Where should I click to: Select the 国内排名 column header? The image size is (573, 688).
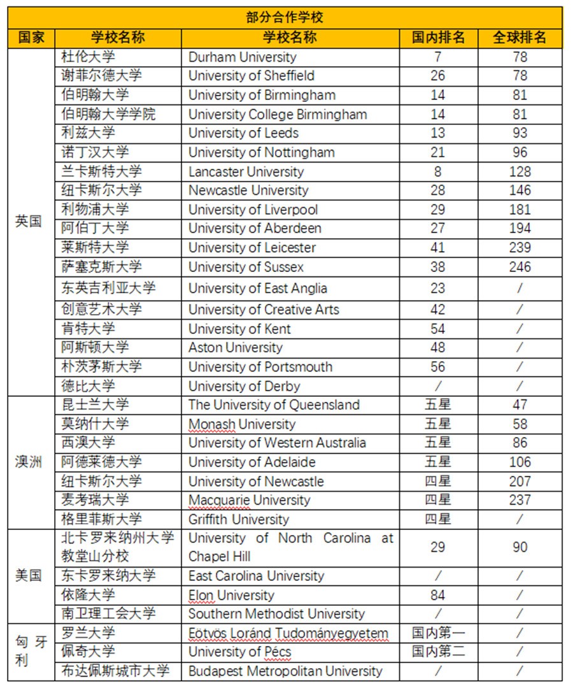click(x=438, y=38)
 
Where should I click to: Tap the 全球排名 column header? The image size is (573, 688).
click(x=520, y=38)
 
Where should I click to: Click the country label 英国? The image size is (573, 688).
click(x=29, y=222)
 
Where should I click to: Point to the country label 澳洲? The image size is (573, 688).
click(x=29, y=462)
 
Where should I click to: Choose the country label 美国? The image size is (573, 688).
click(x=29, y=575)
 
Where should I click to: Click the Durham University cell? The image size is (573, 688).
click(x=243, y=57)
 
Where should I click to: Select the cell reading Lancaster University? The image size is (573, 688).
click(x=246, y=172)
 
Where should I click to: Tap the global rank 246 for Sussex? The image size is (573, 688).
click(x=520, y=267)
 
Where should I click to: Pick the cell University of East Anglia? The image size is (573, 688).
click(x=258, y=288)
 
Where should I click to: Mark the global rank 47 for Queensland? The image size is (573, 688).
click(x=520, y=405)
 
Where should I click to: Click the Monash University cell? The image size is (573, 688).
click(x=242, y=424)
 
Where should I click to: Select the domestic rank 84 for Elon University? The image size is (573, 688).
click(x=438, y=596)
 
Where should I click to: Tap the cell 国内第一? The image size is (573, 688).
click(x=438, y=633)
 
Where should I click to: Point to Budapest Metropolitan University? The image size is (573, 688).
click(x=285, y=671)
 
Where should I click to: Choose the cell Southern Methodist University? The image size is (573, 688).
click(x=276, y=614)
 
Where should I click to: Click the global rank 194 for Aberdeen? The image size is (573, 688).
click(x=520, y=228)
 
